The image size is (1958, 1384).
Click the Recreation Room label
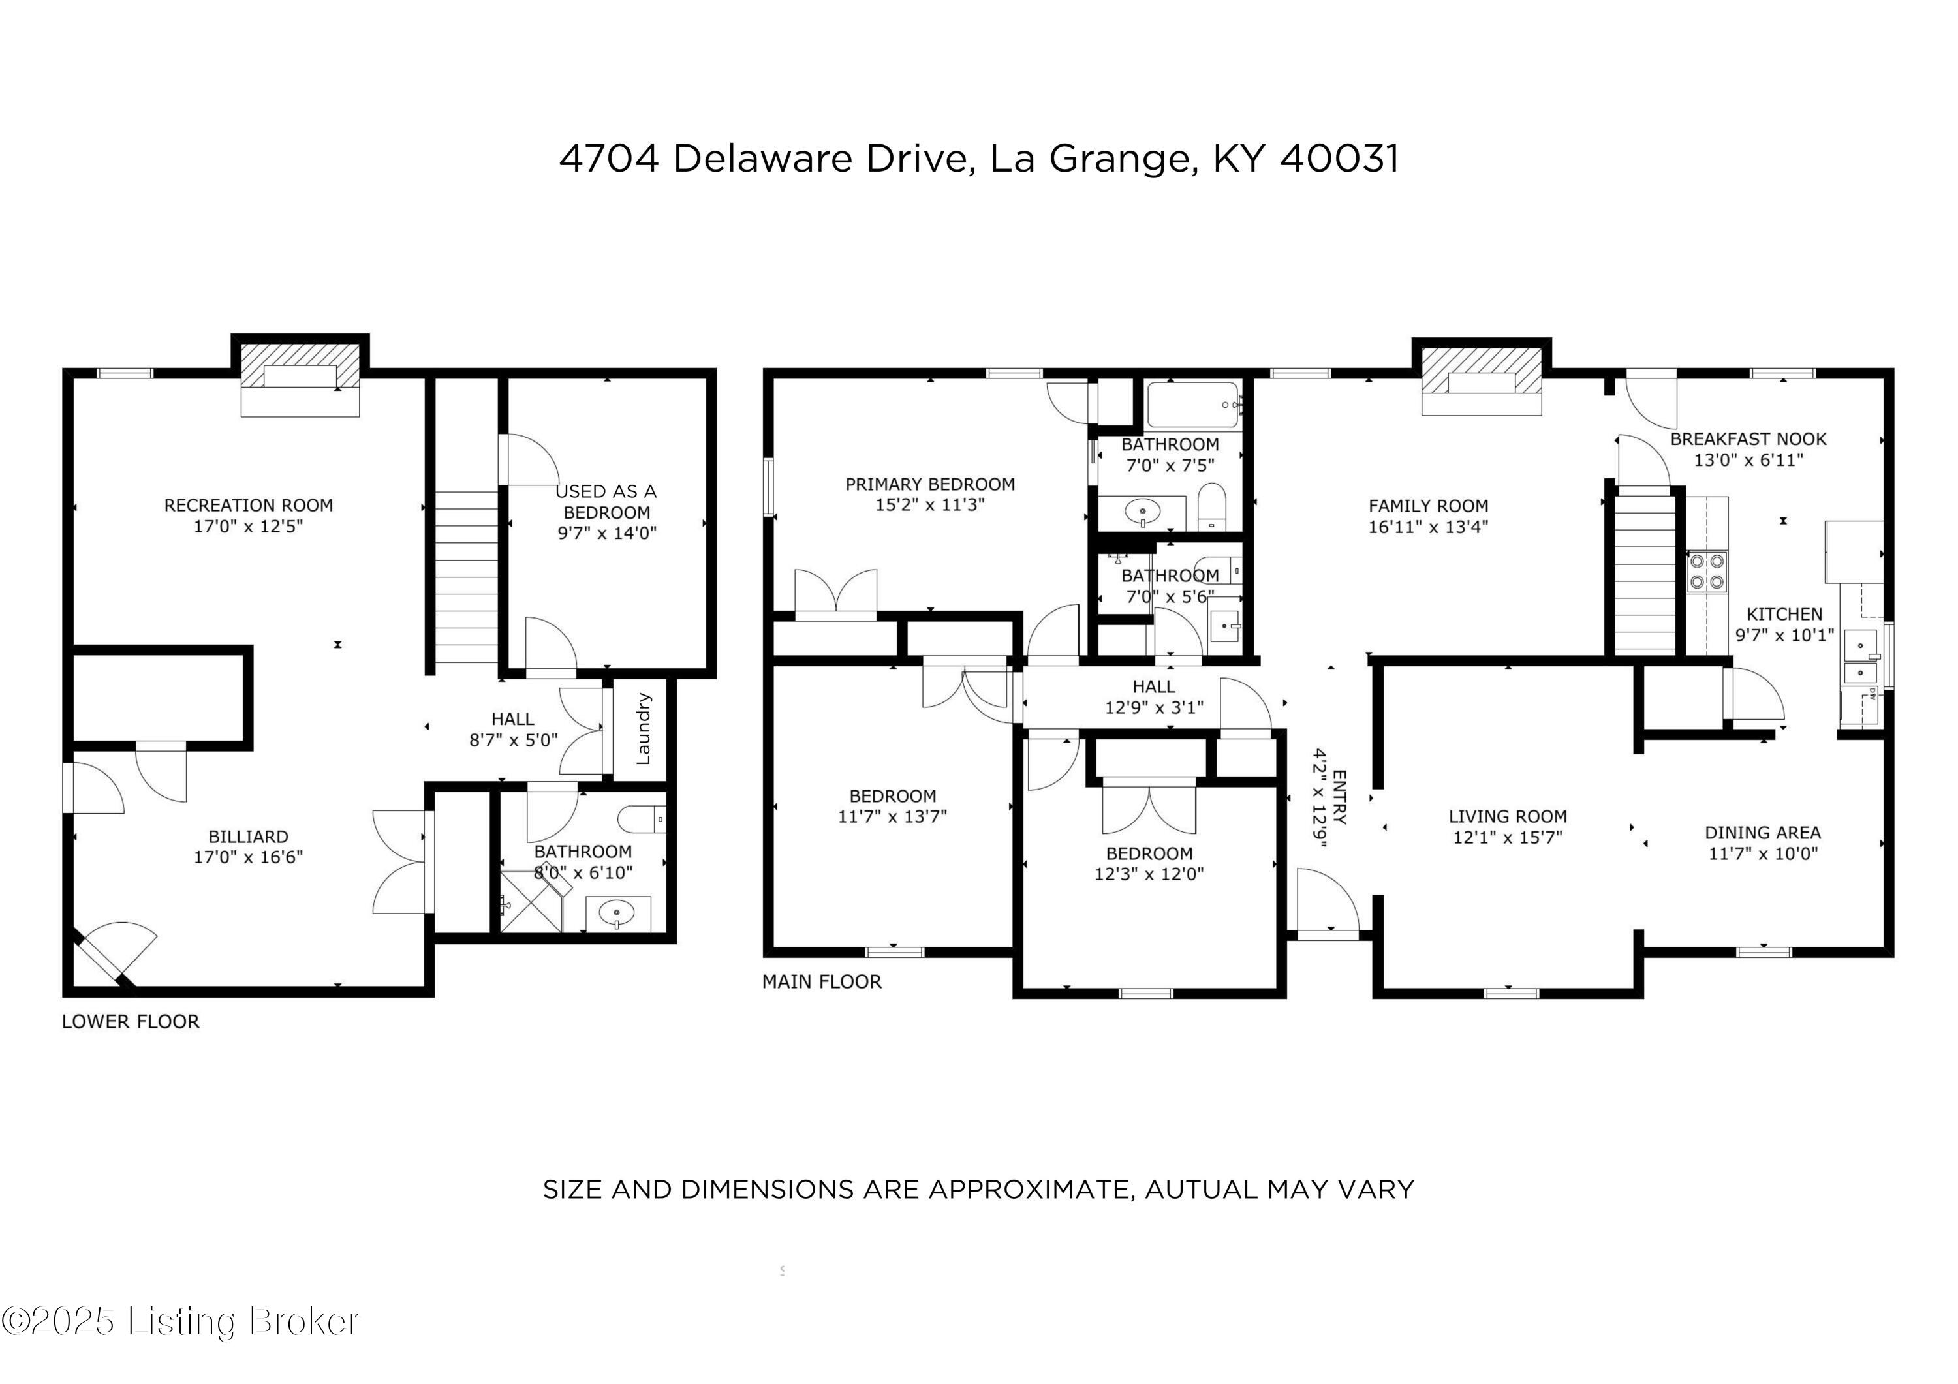coord(248,505)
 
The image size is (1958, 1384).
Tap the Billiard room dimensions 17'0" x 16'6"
coord(248,857)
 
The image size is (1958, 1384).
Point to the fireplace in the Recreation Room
coord(300,378)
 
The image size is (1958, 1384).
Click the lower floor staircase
coord(465,576)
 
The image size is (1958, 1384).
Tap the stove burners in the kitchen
coord(1707,572)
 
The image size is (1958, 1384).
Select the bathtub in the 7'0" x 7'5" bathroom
coord(1192,405)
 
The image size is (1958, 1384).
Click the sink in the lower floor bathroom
coord(617,915)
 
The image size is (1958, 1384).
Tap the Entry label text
coord(1339,797)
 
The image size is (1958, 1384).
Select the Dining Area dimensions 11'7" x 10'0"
coord(1763,853)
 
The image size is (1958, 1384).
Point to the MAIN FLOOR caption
coord(821,981)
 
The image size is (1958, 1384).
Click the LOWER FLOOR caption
coord(131,1022)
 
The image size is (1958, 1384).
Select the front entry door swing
coord(1328,901)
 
